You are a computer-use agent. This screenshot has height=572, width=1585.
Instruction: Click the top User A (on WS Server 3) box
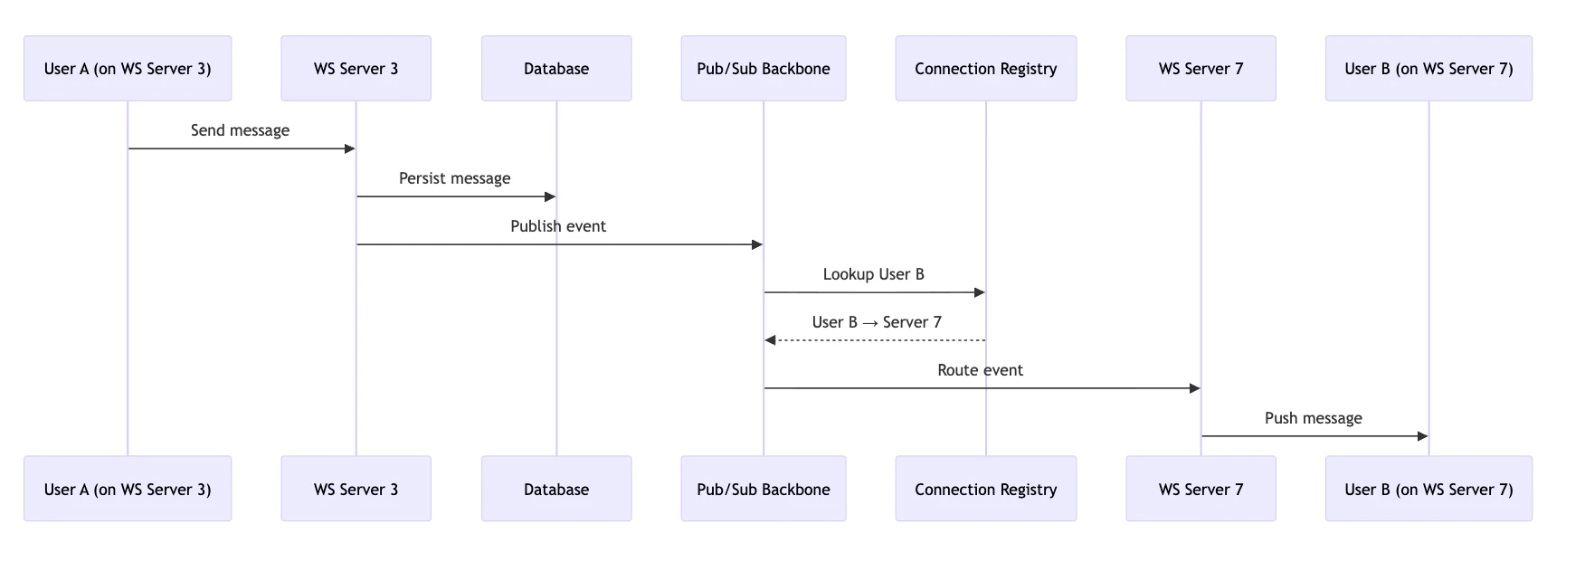(x=128, y=69)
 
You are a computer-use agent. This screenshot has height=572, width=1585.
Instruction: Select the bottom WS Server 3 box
(x=356, y=489)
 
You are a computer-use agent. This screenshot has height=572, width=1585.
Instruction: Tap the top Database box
(x=556, y=69)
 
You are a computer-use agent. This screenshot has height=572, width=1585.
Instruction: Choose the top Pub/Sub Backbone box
(x=764, y=69)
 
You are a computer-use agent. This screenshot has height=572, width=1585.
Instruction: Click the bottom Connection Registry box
(x=986, y=489)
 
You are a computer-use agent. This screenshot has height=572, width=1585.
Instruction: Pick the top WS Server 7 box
(x=1201, y=69)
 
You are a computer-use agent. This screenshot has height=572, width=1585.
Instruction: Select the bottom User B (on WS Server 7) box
(x=1428, y=489)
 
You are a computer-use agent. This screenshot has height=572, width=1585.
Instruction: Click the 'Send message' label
(x=240, y=130)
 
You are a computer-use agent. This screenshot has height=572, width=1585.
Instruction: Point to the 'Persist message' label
(x=454, y=178)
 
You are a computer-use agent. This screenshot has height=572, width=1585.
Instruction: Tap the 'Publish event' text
(x=558, y=226)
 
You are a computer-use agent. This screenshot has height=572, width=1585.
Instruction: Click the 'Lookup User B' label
(x=873, y=274)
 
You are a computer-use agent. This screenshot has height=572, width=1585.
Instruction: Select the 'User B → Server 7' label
(x=877, y=322)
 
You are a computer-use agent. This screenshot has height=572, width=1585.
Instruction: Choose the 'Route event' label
(x=980, y=370)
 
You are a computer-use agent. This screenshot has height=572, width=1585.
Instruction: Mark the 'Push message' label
(x=1313, y=418)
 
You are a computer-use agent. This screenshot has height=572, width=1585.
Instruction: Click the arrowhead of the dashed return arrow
(x=770, y=340)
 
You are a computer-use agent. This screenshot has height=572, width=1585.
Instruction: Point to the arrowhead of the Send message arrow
(x=350, y=148)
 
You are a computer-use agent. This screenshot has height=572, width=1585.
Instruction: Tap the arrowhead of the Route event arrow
(x=1194, y=388)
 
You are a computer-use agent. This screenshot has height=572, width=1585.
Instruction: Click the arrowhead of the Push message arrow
(x=1422, y=436)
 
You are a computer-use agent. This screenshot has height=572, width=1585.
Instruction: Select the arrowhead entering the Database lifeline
(x=550, y=196)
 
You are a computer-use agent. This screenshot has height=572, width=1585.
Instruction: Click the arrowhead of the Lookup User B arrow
(x=979, y=292)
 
